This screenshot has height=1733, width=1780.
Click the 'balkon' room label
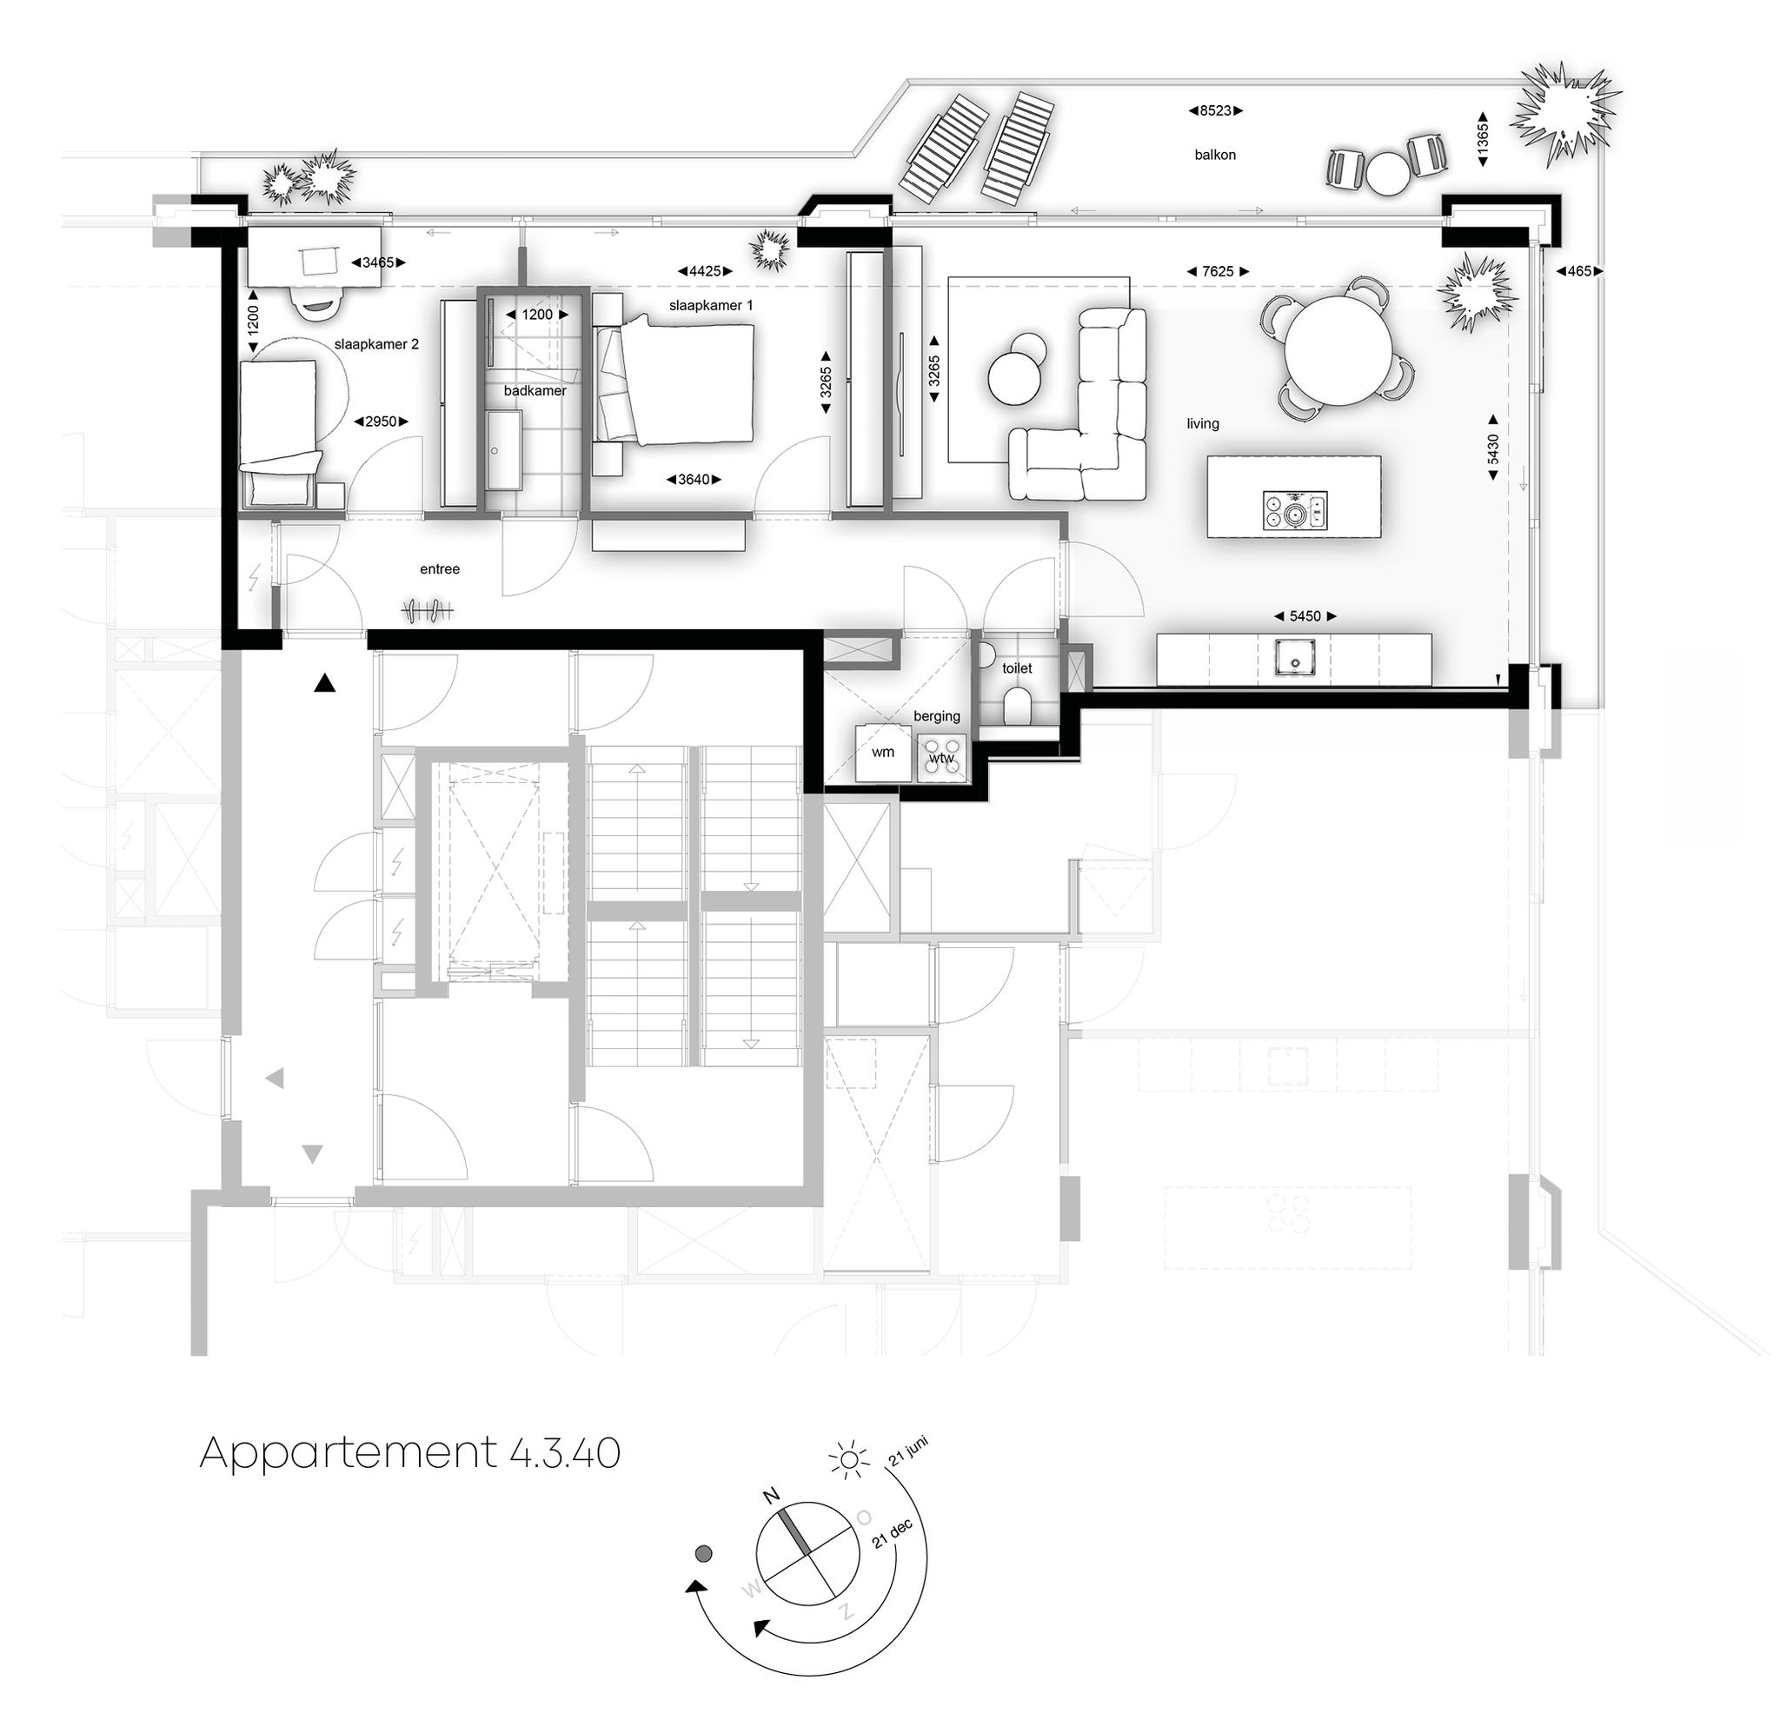1214,155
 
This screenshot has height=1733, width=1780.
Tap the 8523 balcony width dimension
1215,111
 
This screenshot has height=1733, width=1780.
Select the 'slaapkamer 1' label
710,306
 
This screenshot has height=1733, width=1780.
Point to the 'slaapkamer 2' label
375,345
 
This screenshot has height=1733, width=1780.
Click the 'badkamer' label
535,390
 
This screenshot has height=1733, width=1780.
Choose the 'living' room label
1202,424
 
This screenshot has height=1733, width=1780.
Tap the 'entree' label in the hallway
440,569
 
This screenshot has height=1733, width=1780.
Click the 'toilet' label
1017,668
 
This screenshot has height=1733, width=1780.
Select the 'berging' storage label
936,716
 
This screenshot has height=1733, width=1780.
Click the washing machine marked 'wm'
883,753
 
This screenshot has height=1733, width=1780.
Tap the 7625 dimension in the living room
1217,271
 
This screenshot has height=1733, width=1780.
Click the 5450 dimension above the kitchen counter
1304,616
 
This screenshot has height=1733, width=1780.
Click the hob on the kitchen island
1294,511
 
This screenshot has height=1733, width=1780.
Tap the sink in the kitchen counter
1293,657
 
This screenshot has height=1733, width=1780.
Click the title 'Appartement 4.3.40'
409,1452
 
